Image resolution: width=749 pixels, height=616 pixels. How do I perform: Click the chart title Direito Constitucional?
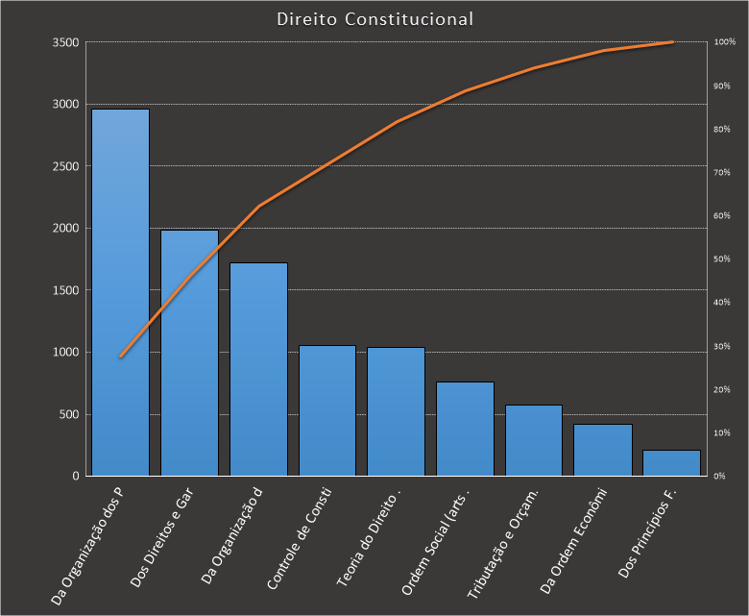[x=374, y=19]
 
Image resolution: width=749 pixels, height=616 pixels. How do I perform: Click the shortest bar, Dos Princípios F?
[x=671, y=462]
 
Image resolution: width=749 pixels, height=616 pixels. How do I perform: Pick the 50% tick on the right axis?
[x=723, y=259]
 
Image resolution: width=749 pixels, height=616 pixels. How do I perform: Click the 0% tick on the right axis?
[x=721, y=476]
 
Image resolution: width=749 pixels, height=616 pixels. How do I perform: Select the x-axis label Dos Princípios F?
[x=650, y=538]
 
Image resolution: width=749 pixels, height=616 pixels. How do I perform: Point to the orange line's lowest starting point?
[x=121, y=357]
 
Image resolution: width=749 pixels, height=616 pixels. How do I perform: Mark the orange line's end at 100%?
[x=671, y=42]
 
